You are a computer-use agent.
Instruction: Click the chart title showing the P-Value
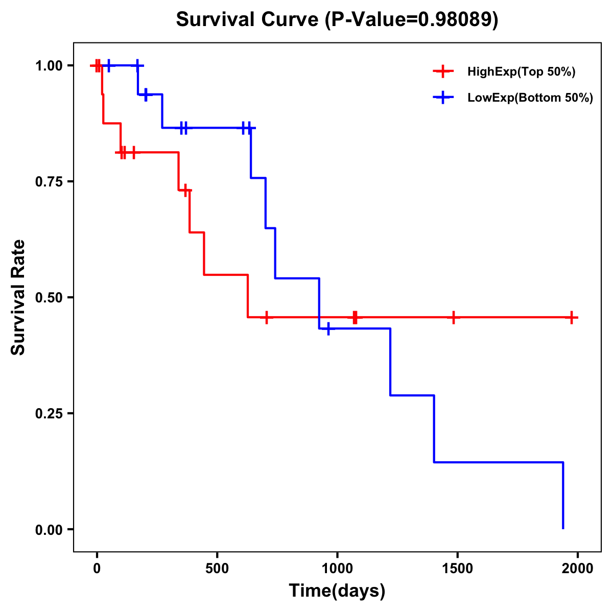tap(337, 20)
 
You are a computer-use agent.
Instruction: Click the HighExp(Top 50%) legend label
tap(522, 72)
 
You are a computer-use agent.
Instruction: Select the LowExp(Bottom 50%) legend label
tap(530, 98)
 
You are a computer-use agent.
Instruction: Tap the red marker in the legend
tap(443, 72)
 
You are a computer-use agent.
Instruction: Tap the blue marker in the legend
tap(443, 98)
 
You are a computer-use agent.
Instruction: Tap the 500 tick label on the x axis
tap(217, 569)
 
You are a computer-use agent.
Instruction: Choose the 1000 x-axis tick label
tap(337, 569)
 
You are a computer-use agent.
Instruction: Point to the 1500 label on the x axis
tap(457, 569)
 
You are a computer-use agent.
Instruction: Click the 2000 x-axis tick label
tap(577, 569)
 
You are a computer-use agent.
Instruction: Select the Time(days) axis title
tap(337, 591)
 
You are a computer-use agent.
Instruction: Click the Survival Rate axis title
tap(18, 297)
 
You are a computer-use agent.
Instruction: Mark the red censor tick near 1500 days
tap(453, 317)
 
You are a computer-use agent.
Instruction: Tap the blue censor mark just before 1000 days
tap(328, 328)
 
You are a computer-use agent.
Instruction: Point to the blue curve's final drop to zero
tap(563, 496)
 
